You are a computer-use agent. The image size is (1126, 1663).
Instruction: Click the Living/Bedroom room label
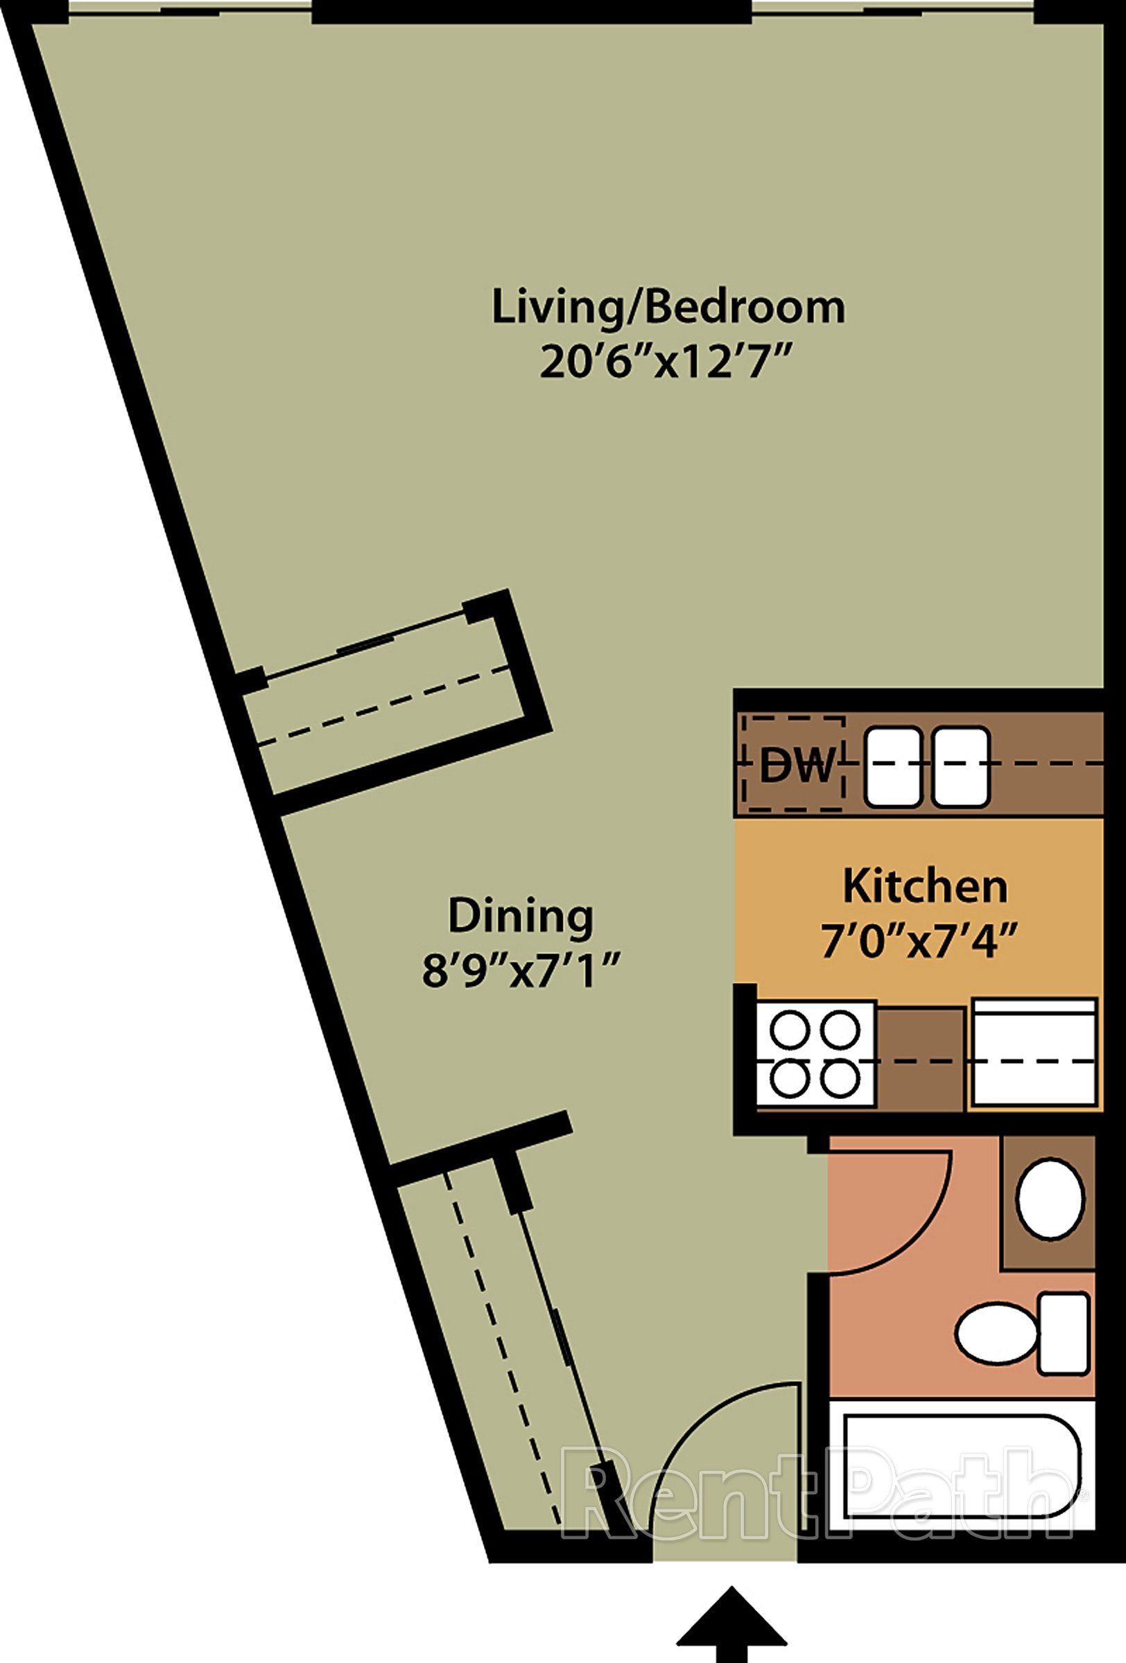668,308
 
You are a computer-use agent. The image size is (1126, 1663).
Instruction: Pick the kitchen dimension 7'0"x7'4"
919,942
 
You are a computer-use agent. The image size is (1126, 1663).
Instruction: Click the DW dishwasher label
797,765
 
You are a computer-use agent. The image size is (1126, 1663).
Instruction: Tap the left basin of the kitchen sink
893,766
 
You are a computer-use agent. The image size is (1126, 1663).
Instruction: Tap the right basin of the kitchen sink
961,766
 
